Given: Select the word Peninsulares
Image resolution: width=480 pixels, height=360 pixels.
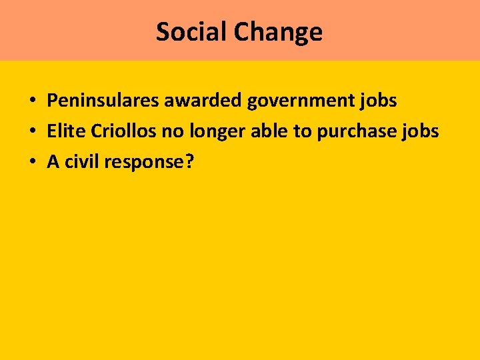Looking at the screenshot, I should point(103,101).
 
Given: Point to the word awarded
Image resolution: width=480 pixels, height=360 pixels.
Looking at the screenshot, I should point(203,101).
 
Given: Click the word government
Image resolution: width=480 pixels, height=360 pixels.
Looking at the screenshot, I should point(302,101).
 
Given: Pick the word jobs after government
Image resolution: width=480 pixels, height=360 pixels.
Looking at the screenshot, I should point(379,101).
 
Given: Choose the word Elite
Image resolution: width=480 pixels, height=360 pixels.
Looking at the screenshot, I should point(66,131).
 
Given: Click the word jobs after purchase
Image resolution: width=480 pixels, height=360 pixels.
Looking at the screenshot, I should point(421,132).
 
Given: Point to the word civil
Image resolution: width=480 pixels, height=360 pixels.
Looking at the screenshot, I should point(81,162).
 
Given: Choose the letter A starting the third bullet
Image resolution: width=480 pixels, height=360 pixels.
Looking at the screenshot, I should point(53,162).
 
